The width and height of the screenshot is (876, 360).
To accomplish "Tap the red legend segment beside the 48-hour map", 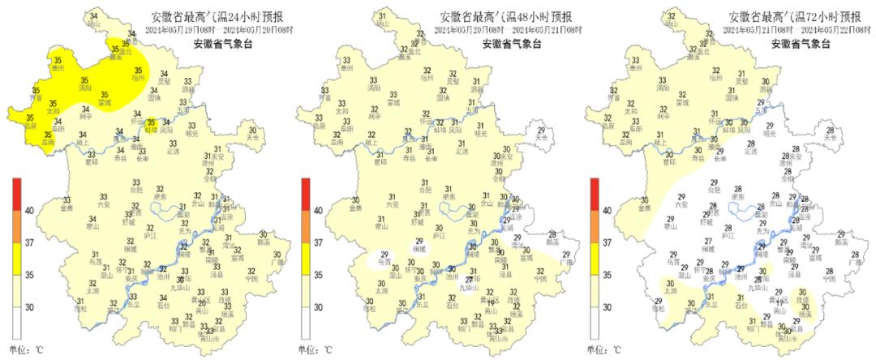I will click(x=305, y=195).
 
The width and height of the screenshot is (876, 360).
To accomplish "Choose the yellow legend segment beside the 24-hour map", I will click(x=16, y=258).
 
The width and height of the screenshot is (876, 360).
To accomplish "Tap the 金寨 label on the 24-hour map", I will click(x=67, y=208).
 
